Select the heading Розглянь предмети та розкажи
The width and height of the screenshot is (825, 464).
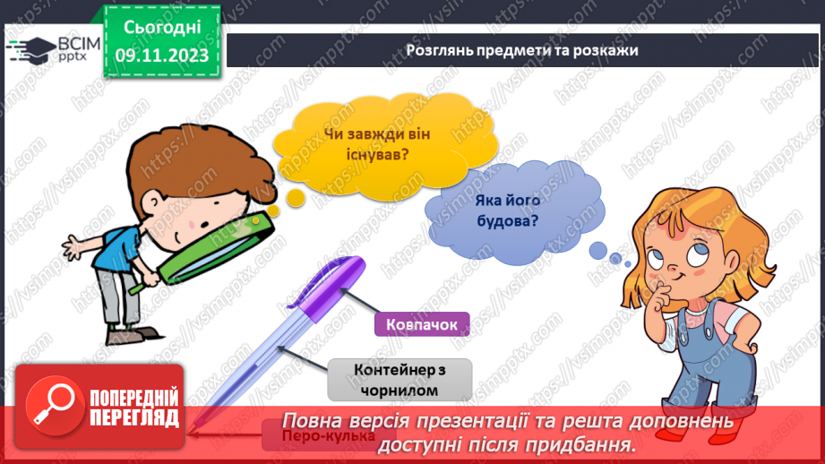[x=521, y=50]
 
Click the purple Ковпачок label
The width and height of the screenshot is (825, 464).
[x=422, y=323]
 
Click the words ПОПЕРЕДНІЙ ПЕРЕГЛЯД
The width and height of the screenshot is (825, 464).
[x=134, y=408]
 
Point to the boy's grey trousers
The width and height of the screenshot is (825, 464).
[x=125, y=300]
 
